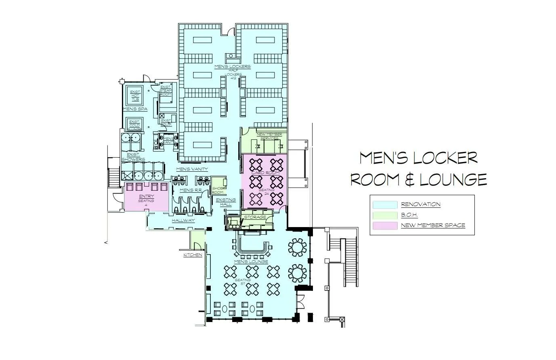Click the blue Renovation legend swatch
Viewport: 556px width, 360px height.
point(384,205)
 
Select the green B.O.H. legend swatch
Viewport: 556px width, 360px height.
point(384,215)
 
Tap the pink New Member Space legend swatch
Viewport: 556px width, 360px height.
point(384,225)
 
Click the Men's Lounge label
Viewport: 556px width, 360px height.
point(250,262)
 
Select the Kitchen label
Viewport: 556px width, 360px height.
point(193,255)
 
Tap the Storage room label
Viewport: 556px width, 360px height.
point(255,217)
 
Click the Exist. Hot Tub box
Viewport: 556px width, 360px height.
point(135,95)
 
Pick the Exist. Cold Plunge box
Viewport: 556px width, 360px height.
point(134,125)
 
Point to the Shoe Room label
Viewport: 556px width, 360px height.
point(218,190)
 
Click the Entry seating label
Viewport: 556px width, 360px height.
point(146,198)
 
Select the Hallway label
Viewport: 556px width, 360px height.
point(183,221)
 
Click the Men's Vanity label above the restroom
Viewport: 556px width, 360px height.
point(192,169)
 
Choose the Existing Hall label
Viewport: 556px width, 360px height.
point(226,202)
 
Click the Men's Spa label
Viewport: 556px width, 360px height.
point(134,109)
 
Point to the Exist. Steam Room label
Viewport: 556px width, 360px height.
point(166,90)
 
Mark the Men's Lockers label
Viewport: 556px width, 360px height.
point(233,67)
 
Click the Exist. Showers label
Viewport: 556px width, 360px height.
point(133,157)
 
